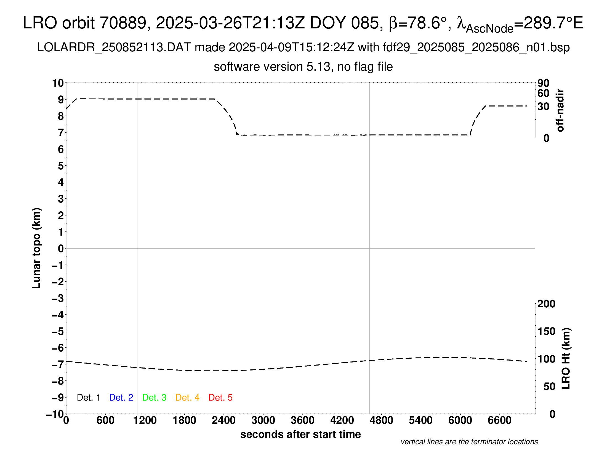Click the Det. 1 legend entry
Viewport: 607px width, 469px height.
tap(88, 398)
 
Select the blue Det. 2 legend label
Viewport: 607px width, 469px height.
tap(121, 398)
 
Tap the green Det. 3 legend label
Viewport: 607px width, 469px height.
tap(154, 398)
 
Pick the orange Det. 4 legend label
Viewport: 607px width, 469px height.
tap(187, 398)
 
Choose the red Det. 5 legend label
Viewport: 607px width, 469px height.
tap(220, 398)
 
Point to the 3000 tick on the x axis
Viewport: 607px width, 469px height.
tap(263, 420)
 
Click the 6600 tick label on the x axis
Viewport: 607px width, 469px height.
tap(499, 420)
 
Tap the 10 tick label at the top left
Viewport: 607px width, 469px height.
tap(58, 83)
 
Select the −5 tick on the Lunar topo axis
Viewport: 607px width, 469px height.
tap(58, 331)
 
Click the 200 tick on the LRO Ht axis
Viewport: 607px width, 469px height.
tap(546, 304)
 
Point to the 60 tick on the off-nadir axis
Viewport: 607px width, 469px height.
tap(543, 93)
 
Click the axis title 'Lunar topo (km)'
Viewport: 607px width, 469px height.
tap(37, 248)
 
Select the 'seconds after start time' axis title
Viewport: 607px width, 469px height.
tap(300, 434)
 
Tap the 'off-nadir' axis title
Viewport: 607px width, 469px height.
tap(560, 110)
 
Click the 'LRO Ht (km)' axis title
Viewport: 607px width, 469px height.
tap(566, 359)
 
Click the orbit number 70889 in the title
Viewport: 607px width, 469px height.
tap(123, 23)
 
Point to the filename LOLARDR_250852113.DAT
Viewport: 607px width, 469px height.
tap(114, 47)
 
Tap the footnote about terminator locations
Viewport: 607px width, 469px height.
tap(469, 442)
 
